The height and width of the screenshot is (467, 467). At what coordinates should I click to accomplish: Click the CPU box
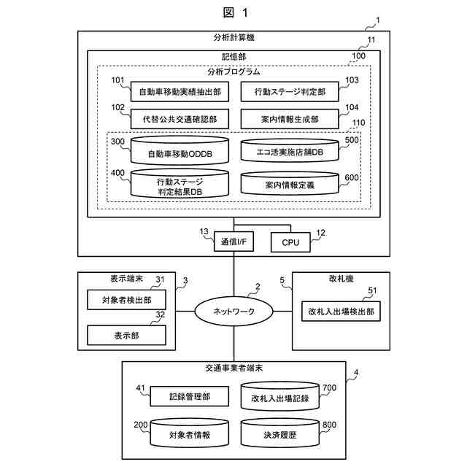tap(290, 242)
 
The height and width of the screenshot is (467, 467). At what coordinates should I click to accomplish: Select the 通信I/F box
tap(233, 242)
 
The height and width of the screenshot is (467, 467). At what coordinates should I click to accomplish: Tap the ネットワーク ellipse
tap(233, 312)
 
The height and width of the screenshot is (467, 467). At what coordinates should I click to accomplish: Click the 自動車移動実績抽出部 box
tap(180, 92)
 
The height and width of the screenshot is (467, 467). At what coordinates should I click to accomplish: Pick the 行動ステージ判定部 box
tap(290, 92)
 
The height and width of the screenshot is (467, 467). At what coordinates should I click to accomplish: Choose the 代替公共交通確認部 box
tap(180, 119)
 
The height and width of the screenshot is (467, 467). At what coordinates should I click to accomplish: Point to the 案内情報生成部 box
tap(290, 119)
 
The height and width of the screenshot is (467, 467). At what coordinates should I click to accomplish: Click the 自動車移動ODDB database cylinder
tap(180, 150)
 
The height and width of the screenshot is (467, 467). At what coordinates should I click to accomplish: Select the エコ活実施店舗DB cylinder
tap(290, 150)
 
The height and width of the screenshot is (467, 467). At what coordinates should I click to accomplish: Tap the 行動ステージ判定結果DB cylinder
tap(180, 183)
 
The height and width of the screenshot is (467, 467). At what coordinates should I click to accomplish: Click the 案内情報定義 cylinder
tap(290, 183)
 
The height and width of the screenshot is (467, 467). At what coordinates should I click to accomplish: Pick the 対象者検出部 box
tap(126, 300)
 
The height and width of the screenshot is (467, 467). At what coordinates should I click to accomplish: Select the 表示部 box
tap(126, 336)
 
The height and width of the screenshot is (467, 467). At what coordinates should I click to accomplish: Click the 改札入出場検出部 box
tap(341, 312)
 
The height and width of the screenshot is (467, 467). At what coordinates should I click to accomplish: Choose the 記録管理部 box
tap(190, 396)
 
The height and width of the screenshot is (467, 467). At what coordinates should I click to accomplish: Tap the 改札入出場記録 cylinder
tap(280, 396)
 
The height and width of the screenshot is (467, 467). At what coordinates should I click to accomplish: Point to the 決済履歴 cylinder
tap(280, 433)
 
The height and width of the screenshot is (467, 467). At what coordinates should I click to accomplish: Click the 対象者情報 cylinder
tap(190, 433)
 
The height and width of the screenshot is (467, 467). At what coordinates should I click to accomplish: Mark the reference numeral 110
tap(358, 123)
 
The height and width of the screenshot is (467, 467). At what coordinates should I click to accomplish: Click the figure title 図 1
tap(235, 12)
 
